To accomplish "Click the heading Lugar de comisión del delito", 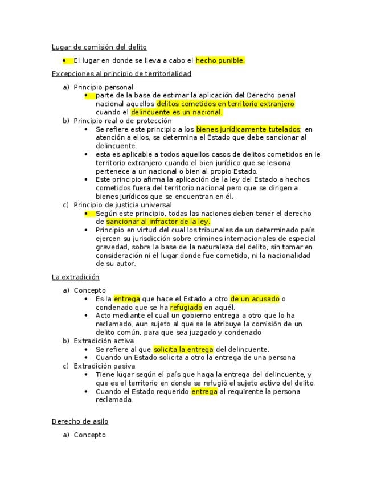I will click(x=99, y=47).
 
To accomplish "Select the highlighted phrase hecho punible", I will click(x=220, y=60).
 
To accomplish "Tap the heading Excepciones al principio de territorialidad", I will click(x=121, y=74).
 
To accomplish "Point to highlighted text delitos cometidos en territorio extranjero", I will click(x=225, y=104).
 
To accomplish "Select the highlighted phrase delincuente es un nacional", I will click(x=176, y=113).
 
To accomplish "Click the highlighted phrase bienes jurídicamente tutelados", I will click(x=248, y=129).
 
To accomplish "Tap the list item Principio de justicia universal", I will click(x=123, y=205).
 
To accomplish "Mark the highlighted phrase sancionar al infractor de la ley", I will click(x=158, y=222).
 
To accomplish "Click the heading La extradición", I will click(x=75, y=277).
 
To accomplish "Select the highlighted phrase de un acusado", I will click(x=255, y=299).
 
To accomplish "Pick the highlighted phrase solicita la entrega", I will click(x=183, y=350).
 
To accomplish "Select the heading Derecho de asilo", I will click(x=80, y=422).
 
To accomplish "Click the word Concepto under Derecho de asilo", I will click(x=90, y=435).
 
